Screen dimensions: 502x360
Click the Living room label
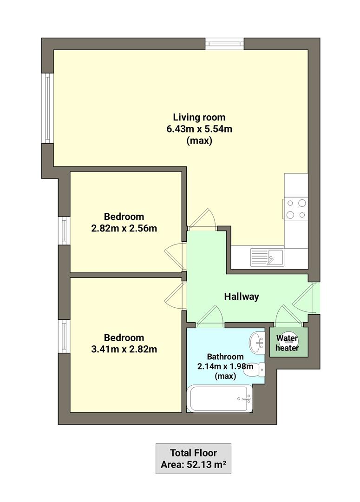pos(199,117)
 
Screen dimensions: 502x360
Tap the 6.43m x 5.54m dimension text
pos(199,129)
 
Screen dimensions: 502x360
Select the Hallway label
pos(241,296)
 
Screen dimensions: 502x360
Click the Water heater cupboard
pos(288,343)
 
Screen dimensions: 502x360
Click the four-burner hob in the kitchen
pos(296,208)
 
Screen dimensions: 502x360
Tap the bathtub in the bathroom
pos(219,399)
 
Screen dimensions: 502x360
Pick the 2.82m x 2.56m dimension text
pos(124,228)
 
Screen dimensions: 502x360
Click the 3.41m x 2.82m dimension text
pos(124,349)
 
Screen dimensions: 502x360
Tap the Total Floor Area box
pos(193,458)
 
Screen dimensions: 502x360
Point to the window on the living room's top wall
pos(225,44)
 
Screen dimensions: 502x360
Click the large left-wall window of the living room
pos(48,108)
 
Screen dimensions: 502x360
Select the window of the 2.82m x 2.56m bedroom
pos(64,231)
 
